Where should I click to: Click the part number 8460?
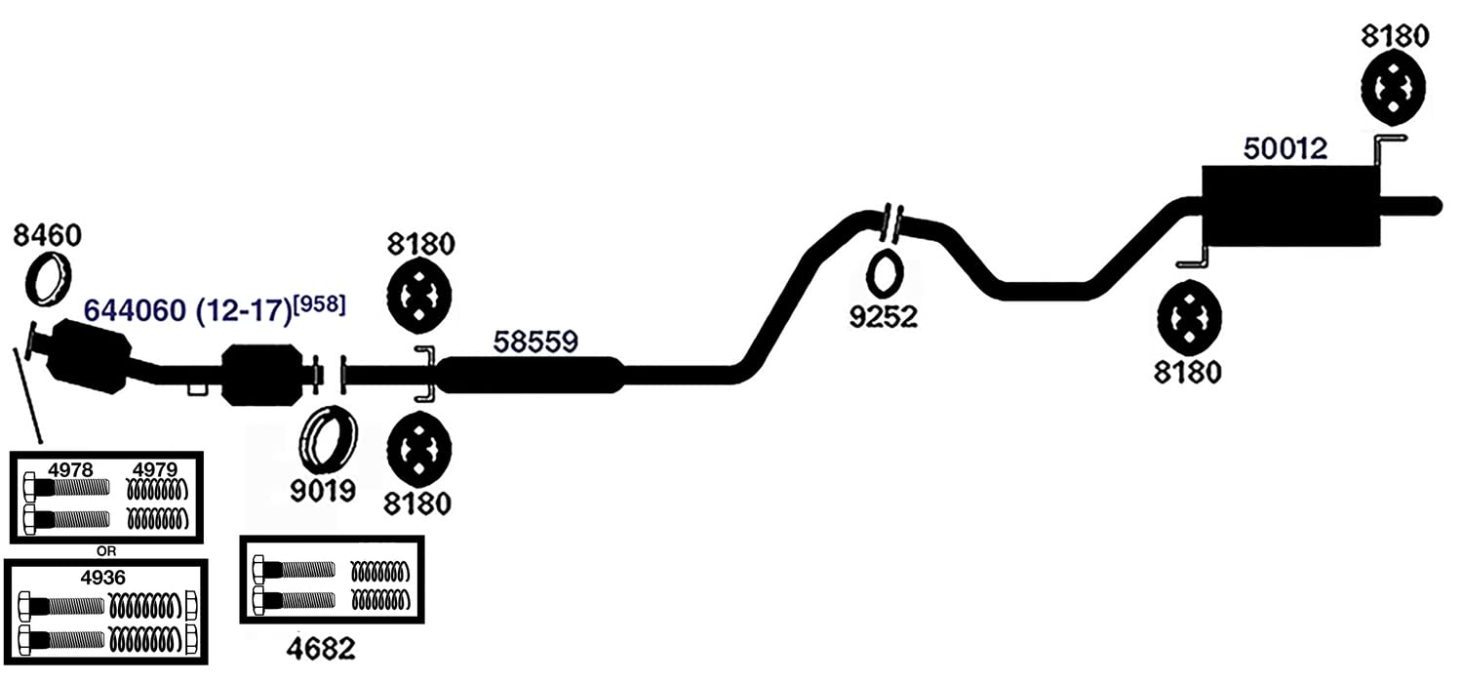pyautogui.click(x=47, y=235)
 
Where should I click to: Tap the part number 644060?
pyautogui.click(x=136, y=310)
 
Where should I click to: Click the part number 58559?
pyautogui.click(x=535, y=341)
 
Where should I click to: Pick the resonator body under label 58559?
pyautogui.click(x=531, y=375)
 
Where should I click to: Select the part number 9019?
pyautogui.click(x=323, y=491)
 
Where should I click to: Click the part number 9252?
pyautogui.click(x=883, y=318)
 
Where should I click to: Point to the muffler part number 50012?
pyautogui.click(x=1285, y=149)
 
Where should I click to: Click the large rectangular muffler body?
pyautogui.click(x=1290, y=205)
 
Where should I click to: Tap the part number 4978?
pyautogui.click(x=70, y=469)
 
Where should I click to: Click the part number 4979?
pyautogui.click(x=155, y=469)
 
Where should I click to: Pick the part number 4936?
pyautogui.click(x=102, y=578)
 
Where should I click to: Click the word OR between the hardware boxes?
pyautogui.click(x=105, y=551)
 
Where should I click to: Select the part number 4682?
pyautogui.click(x=321, y=649)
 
